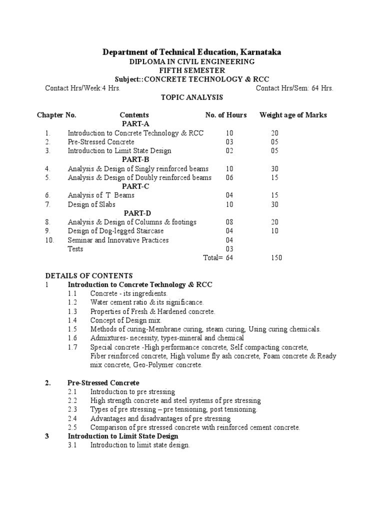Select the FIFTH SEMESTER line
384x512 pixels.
click(192, 70)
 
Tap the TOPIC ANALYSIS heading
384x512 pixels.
click(191, 97)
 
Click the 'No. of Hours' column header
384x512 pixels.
click(225, 115)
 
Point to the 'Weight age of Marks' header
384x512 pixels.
click(293, 115)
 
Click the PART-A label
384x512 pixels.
click(135, 124)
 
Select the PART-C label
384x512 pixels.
click(135, 186)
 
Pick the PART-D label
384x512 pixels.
click(135, 213)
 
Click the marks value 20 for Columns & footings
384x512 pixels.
click(275, 222)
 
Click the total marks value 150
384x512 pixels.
click(276, 258)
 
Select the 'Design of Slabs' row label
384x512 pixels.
click(91, 204)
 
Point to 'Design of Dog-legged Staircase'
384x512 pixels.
click(115, 231)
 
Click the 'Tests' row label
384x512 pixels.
click(75, 249)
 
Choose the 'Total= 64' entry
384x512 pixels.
click(218, 258)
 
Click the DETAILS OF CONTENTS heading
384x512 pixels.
click(89, 275)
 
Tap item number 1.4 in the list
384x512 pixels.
click(72, 320)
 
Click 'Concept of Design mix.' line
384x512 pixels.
click(126, 320)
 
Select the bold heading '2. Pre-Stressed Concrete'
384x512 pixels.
click(103, 383)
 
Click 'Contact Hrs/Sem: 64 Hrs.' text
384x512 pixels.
click(294, 88)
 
